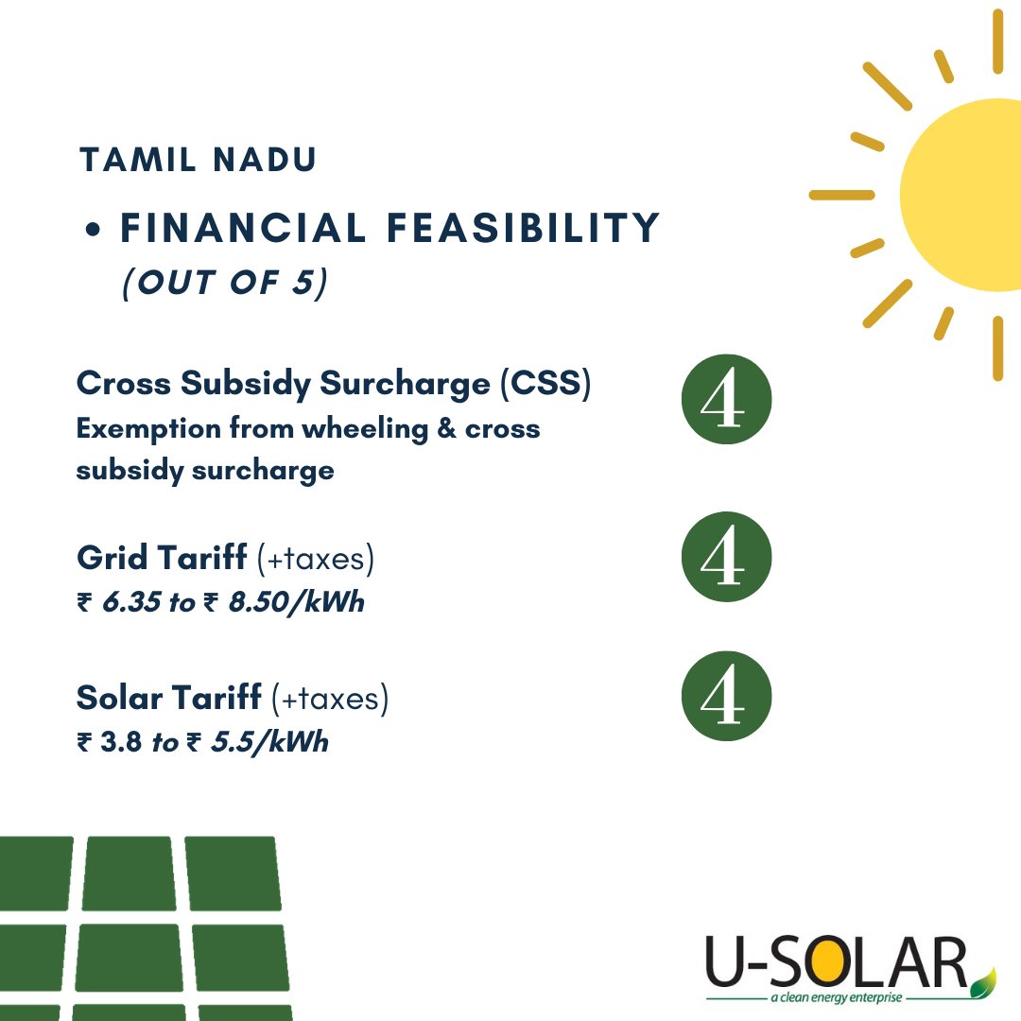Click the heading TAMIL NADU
tap(197, 160)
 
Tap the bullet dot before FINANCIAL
tap(93, 231)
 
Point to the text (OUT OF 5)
tap(224, 283)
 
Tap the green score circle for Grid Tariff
tap(727, 557)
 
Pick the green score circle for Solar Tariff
tap(727, 697)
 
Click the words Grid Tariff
tap(162, 559)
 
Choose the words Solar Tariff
tap(168, 699)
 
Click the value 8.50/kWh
tap(296, 602)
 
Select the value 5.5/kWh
tap(269, 742)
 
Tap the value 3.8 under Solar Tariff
tap(121, 742)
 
